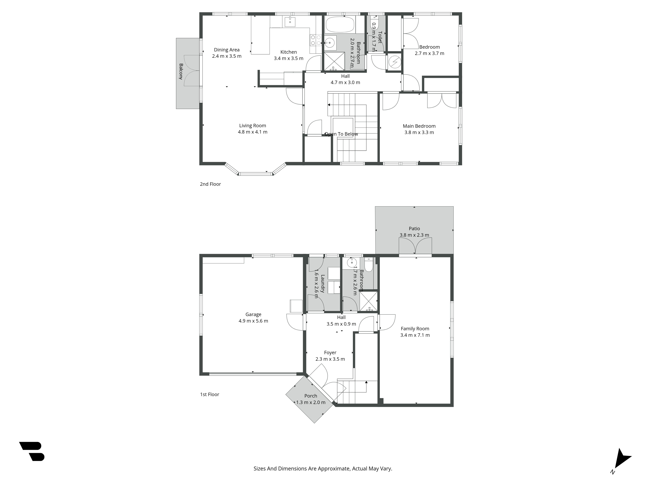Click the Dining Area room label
tap(227, 50)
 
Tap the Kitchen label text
tap(289, 52)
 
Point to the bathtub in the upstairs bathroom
tap(340, 24)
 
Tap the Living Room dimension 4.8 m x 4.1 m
tap(253, 132)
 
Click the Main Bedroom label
tap(419, 126)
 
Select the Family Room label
tap(415, 329)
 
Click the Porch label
tap(311, 396)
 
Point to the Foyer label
tap(330, 353)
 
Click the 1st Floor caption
tap(209, 394)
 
